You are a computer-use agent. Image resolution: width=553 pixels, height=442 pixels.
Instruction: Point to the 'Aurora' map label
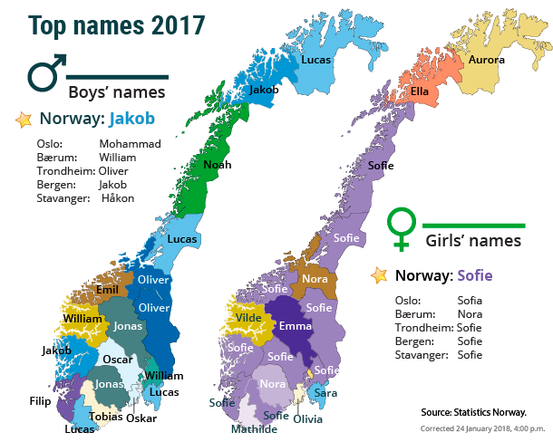pyautogui.click(x=486, y=60)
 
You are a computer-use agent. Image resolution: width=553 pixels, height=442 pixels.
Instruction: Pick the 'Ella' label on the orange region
pyautogui.click(x=420, y=91)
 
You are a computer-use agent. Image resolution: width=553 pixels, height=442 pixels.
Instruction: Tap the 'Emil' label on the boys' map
pyautogui.click(x=107, y=290)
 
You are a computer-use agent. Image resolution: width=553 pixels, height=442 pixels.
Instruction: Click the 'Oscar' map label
pyautogui.click(x=118, y=359)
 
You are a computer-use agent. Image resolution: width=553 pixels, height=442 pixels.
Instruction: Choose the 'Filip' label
pyautogui.click(x=40, y=399)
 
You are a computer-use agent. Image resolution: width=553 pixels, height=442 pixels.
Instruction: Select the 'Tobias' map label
pyautogui.click(x=107, y=417)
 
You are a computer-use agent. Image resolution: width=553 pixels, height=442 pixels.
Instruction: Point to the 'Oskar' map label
pyautogui.click(x=141, y=418)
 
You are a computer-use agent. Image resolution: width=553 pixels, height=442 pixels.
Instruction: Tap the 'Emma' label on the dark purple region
pyautogui.click(x=296, y=325)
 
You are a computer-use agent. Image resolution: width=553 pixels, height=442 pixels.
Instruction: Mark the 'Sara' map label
pyautogui.click(x=325, y=394)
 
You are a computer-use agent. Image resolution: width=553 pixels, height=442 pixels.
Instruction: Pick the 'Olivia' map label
pyautogui.click(x=307, y=418)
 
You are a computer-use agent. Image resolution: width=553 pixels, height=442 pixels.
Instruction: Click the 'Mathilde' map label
pyautogui.click(x=254, y=429)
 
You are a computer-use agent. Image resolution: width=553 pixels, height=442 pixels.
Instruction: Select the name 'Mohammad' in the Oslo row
pyautogui.click(x=130, y=144)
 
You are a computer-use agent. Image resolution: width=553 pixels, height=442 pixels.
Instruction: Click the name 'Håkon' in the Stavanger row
pyautogui.click(x=118, y=197)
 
